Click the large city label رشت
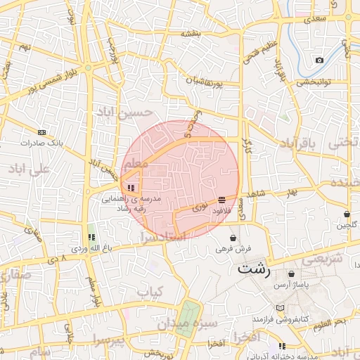coord(255,269)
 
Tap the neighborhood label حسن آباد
coord(133,112)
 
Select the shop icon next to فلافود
coord(222,200)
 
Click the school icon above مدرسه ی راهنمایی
coord(131,188)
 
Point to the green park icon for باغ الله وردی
coord(91,237)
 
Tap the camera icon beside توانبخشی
coord(320,60)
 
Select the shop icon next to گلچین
coord(347,214)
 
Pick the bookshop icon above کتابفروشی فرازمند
coord(281,309)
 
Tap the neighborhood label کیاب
coord(150,291)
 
